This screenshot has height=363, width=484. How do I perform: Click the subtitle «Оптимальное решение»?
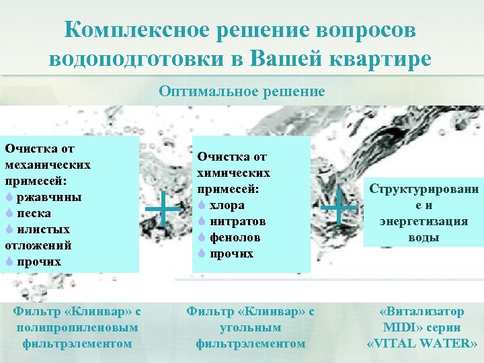tap(242, 90)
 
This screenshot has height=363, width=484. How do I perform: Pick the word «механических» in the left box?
tap(47, 165)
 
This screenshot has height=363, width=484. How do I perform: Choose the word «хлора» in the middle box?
tap(227, 205)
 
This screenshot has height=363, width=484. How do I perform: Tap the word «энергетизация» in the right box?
tap(423, 222)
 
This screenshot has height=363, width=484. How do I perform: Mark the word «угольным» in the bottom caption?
tap(250, 327)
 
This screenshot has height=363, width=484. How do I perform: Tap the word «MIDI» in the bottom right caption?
tap(401, 327)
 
